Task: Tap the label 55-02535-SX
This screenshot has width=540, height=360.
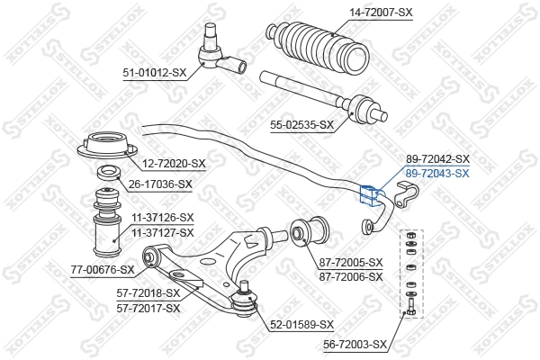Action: tap(301, 125)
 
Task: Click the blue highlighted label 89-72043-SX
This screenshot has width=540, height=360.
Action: tap(437, 173)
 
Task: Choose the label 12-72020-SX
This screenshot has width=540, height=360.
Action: tap(173, 164)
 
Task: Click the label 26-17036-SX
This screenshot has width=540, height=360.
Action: tap(159, 184)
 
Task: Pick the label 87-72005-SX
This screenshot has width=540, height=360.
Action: tap(350, 262)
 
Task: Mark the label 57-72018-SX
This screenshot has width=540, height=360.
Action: tap(148, 293)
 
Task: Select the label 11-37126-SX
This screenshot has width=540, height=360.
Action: tap(161, 218)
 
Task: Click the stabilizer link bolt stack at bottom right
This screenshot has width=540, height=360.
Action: tap(411, 273)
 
